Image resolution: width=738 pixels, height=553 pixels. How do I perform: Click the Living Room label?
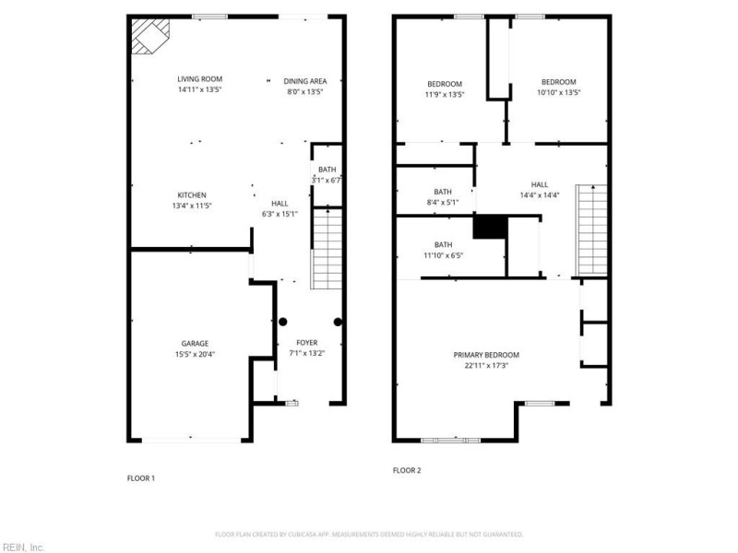200,79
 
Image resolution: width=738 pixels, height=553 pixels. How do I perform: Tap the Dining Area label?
304,81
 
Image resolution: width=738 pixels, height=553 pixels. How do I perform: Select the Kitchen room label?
192,194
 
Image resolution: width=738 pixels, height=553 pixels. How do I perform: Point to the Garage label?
194,343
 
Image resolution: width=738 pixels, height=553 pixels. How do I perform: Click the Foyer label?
306,343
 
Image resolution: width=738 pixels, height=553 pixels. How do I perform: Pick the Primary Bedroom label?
486,355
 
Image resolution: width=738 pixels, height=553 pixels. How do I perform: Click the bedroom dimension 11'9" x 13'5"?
444,94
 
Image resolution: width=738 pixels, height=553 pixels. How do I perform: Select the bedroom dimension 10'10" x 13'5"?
558,93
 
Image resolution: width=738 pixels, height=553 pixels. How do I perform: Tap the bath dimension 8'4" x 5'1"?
443,203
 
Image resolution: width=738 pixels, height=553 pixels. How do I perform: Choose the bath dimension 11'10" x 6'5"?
443,255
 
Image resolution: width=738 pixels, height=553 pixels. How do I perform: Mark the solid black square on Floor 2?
490,227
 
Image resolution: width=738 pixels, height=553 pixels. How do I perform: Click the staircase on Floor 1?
327,249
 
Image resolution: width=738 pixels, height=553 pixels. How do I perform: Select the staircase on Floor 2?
591,229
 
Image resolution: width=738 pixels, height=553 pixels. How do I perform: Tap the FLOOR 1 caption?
140,478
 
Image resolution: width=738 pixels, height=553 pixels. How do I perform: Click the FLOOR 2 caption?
407,470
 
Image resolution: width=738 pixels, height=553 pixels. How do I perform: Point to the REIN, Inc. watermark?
23,547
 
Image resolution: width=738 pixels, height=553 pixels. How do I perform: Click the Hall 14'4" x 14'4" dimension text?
540,195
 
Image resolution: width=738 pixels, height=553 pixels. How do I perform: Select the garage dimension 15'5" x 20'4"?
194,354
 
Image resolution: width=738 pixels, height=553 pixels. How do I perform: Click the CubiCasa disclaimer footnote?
369,534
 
